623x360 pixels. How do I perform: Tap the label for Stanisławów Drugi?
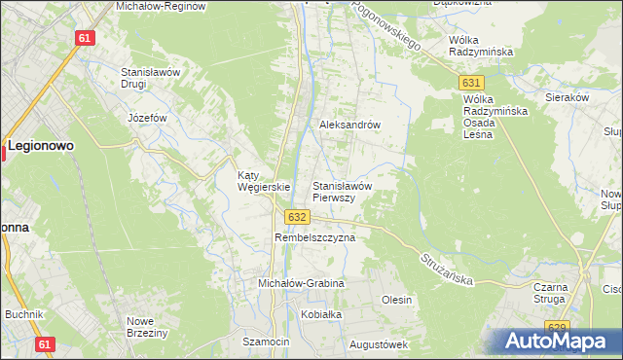tap(146, 78)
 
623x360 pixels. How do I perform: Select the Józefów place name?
tap(148, 118)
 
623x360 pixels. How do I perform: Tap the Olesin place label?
tap(397, 300)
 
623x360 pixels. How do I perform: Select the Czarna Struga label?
tap(558, 294)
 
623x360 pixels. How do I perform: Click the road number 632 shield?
tap(299, 217)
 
